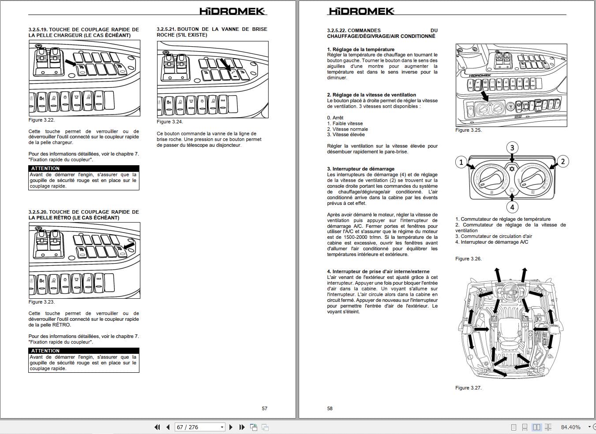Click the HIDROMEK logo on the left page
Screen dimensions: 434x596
pos(232,11)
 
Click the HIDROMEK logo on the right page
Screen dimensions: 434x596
pos(361,11)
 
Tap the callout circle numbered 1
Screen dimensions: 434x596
pos(461,162)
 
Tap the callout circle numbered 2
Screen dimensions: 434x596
pos(562,161)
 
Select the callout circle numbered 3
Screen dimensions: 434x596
pos(512,148)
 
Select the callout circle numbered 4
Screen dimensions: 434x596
pos(512,207)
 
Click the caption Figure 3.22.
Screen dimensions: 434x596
pos(41,120)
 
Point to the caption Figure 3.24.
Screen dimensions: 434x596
pos(170,122)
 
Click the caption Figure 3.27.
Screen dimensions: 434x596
pos(468,388)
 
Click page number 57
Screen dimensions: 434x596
pos(264,408)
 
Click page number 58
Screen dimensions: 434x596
pos(330,408)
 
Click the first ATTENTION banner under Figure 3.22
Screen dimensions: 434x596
pos(84,168)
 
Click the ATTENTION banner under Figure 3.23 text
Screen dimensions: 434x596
pos(84,351)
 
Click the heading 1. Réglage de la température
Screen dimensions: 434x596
pos(360,49)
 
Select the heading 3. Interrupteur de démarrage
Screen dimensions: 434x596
pos(360,169)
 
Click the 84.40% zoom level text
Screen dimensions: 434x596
pos(570,427)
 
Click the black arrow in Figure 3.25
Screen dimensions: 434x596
pos(484,96)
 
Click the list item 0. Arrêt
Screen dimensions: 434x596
pos(335,118)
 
